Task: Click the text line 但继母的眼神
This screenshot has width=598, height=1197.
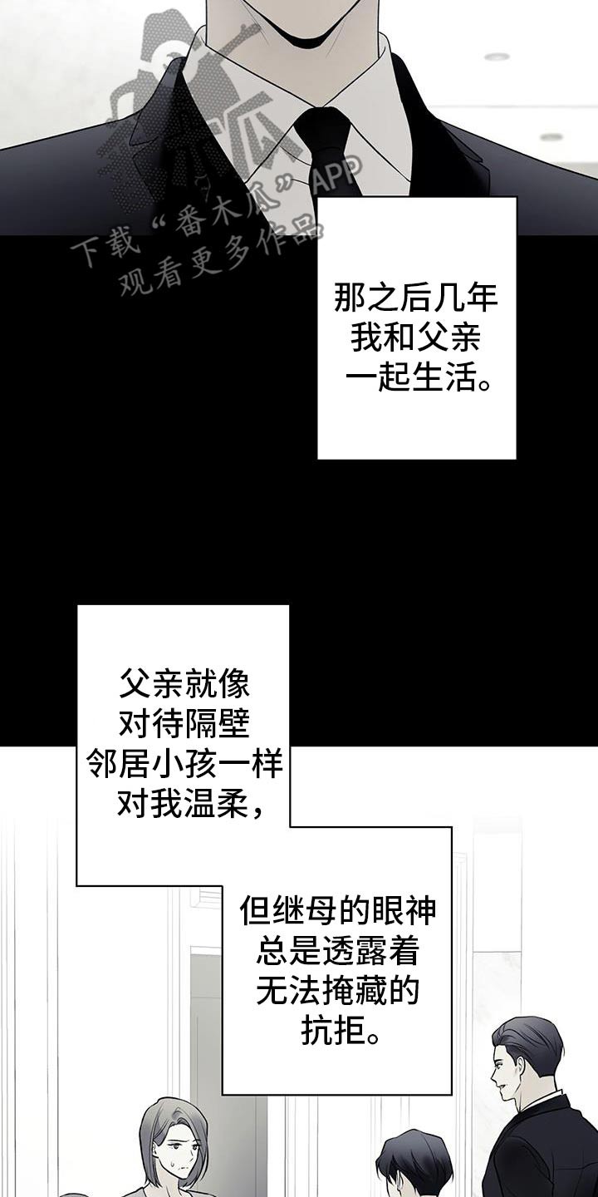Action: tap(337, 910)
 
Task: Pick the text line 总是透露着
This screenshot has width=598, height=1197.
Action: tap(337, 951)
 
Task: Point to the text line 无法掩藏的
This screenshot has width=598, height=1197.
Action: tap(337, 991)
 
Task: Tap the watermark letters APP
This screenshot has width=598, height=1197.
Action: tap(337, 175)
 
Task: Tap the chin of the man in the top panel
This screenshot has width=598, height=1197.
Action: tap(299, 38)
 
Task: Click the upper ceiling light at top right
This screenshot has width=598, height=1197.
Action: tap(497, 57)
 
